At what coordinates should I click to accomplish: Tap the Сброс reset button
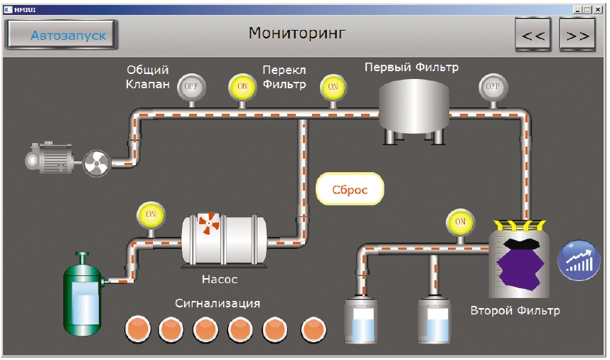[350, 189]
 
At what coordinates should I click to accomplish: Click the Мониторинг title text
[297, 33]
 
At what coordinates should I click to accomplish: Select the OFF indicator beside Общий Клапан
[191, 86]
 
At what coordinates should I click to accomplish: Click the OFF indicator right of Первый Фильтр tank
[493, 86]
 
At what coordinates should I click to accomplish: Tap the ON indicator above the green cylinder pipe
[151, 214]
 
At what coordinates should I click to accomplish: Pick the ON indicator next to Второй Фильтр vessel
[460, 222]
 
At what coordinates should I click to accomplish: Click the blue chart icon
[579, 260]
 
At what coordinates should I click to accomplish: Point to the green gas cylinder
[83, 295]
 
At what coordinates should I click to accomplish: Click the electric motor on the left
[49, 158]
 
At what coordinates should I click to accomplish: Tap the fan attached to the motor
[97, 164]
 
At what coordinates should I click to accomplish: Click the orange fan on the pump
[209, 223]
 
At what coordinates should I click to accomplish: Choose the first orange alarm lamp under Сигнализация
[138, 329]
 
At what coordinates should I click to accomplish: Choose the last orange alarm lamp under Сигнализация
[314, 329]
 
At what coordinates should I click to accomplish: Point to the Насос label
[220, 280]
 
